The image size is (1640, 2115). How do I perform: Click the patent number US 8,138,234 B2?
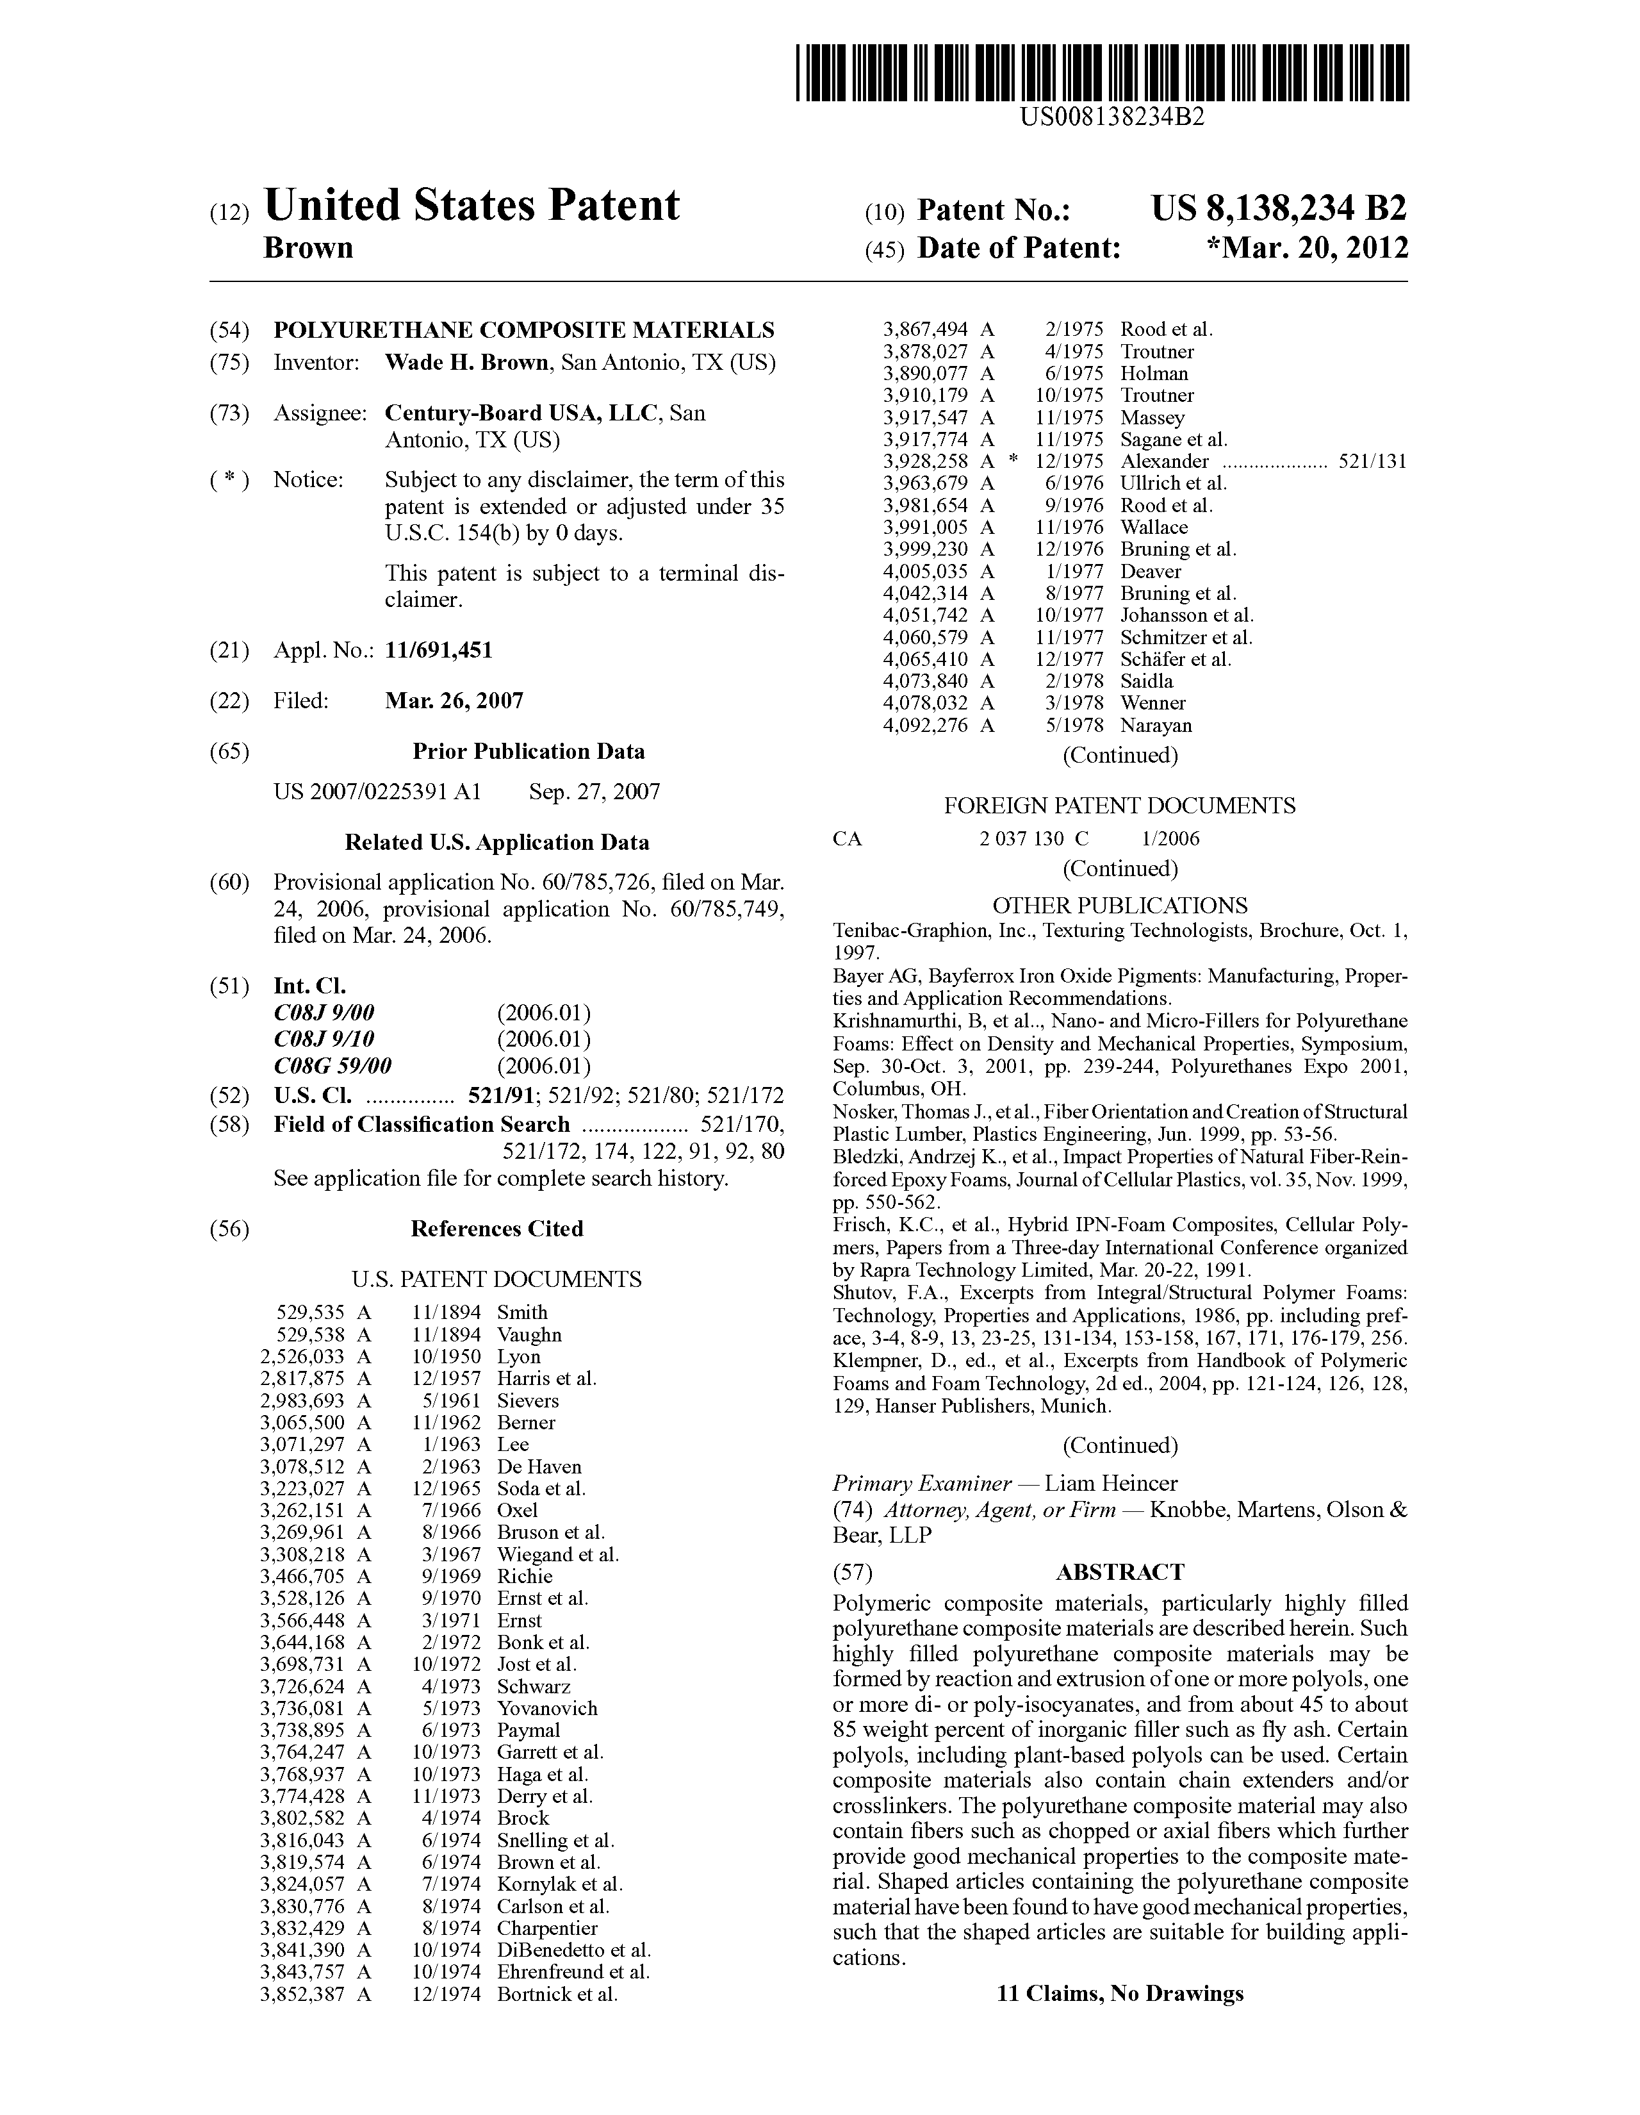[1279, 209]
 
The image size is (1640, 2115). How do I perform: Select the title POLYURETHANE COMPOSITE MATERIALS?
[524, 329]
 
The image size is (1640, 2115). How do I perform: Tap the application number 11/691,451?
[439, 650]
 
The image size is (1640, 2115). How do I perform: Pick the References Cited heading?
[496, 1229]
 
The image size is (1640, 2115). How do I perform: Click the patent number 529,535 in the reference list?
[310, 1312]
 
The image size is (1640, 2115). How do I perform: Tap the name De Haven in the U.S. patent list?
[539, 1467]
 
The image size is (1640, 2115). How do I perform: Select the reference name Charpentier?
[547, 1928]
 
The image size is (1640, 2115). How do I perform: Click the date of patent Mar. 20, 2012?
[1315, 248]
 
